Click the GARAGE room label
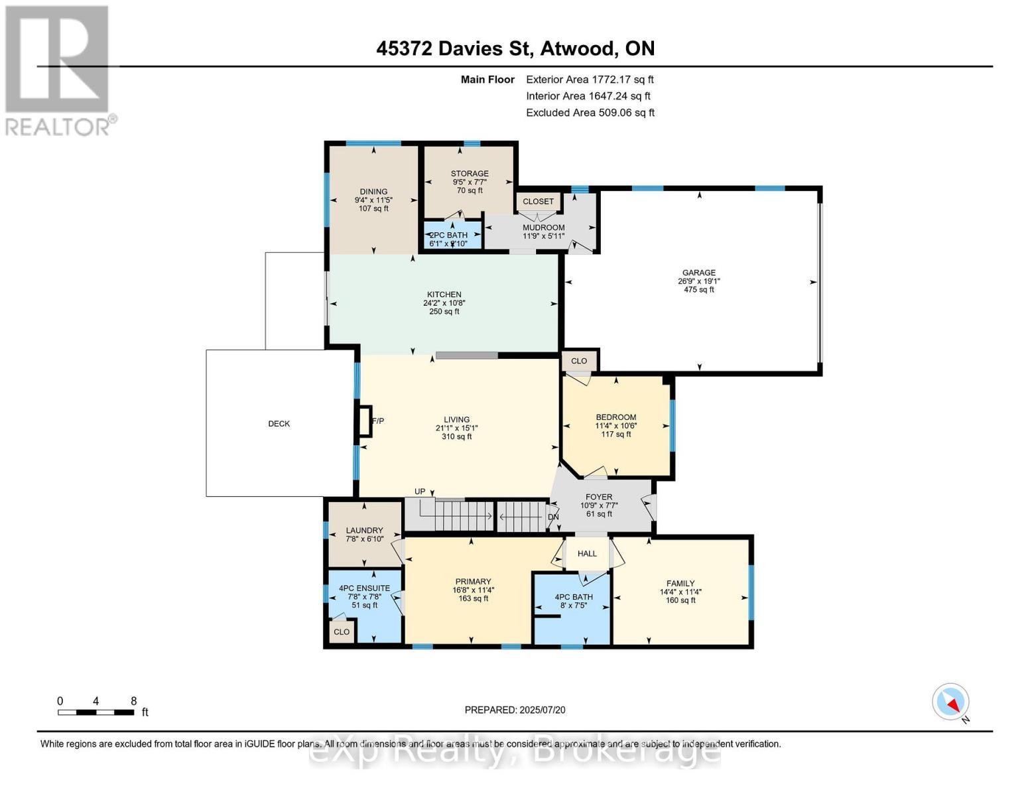pos(698,273)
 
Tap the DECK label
pos(279,424)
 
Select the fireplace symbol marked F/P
pos(364,421)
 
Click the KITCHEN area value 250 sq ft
pos(444,312)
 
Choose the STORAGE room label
pos(470,174)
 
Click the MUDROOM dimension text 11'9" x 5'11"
pos(543,236)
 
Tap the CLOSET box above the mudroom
pos(538,202)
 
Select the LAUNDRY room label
pos(364,531)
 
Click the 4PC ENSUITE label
pos(364,588)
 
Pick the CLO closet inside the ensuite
pos(342,632)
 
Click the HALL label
pos(587,554)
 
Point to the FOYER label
pos(598,497)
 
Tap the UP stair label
pos(420,492)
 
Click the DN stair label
pos(552,517)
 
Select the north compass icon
pos(951,702)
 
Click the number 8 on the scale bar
pos(133,701)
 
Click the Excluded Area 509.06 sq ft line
pos(590,113)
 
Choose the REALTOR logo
pos(58,70)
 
